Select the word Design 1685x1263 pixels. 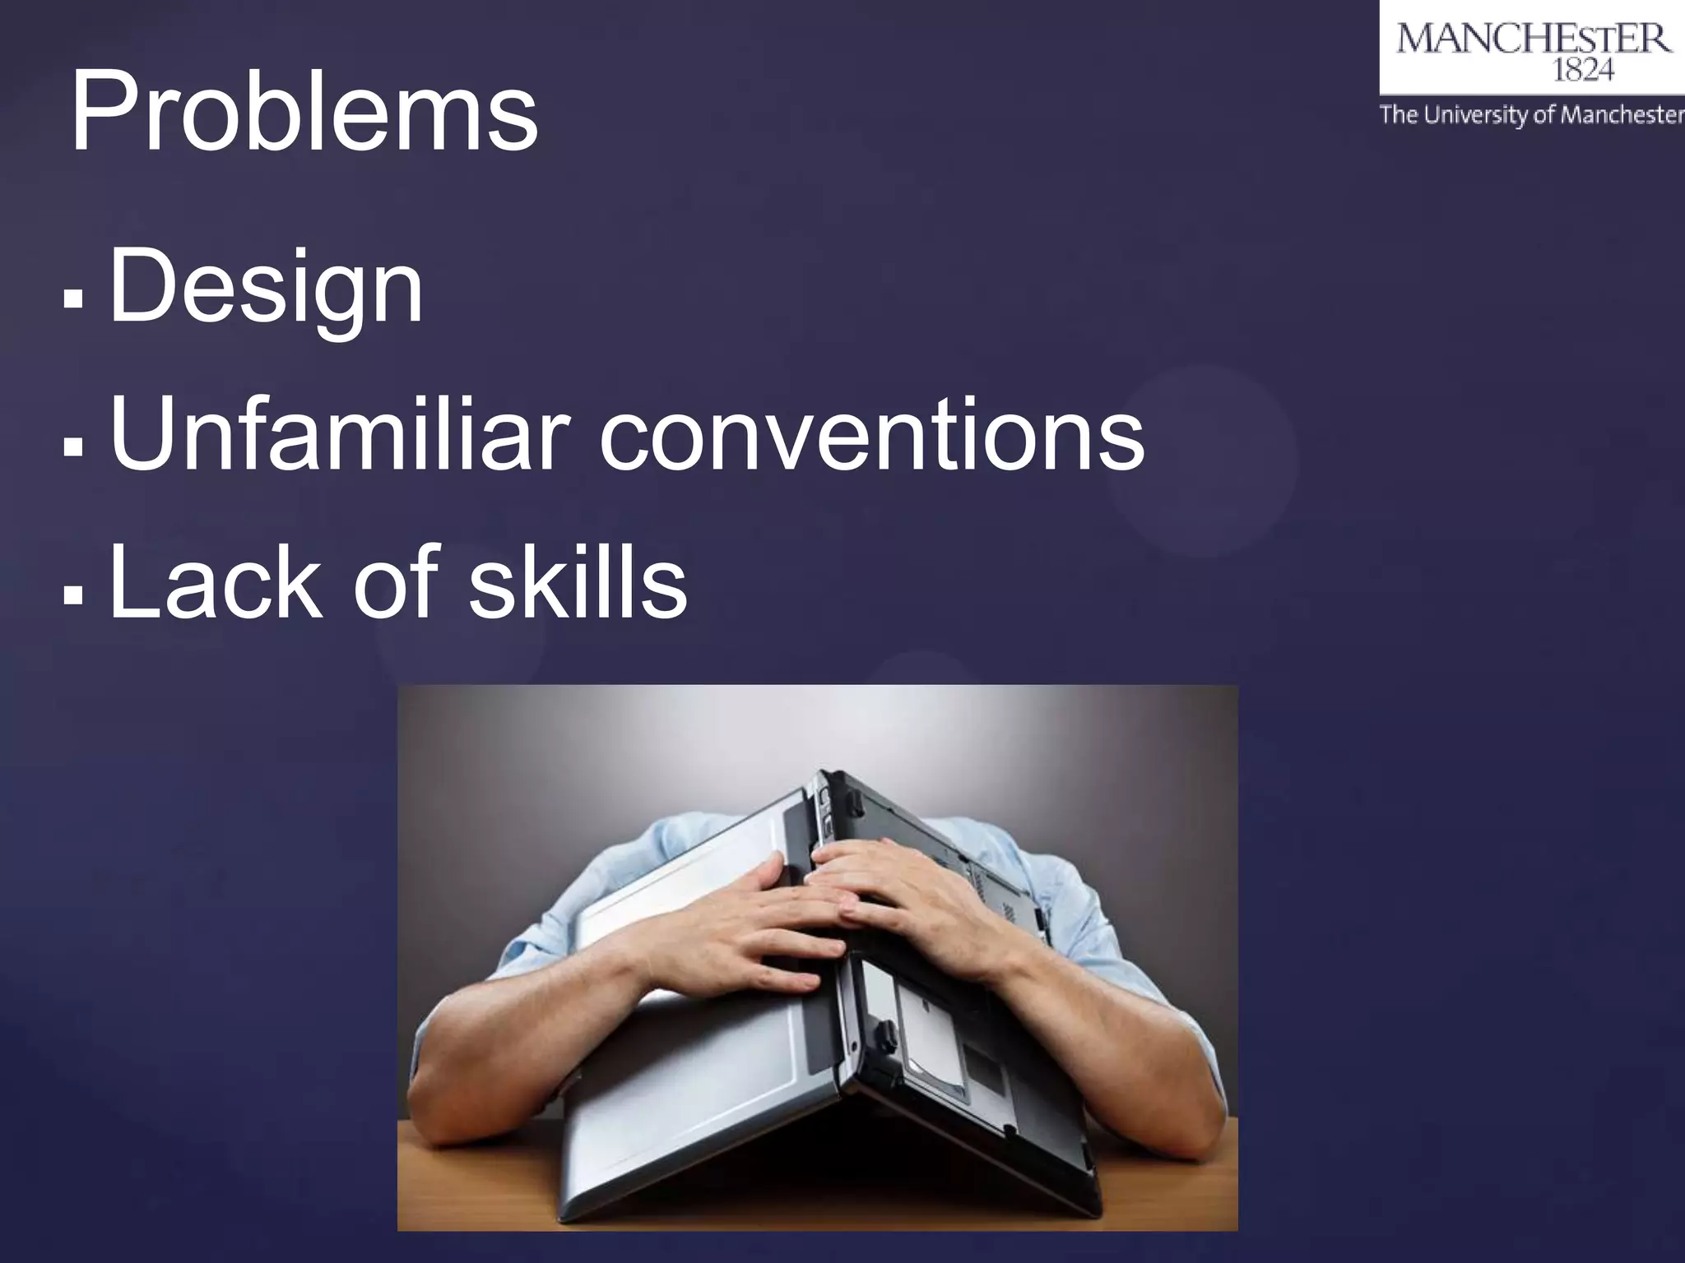coord(265,288)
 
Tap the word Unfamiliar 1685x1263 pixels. coord(339,433)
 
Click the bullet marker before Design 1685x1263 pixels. coord(73,298)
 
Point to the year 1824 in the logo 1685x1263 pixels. coord(1582,72)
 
